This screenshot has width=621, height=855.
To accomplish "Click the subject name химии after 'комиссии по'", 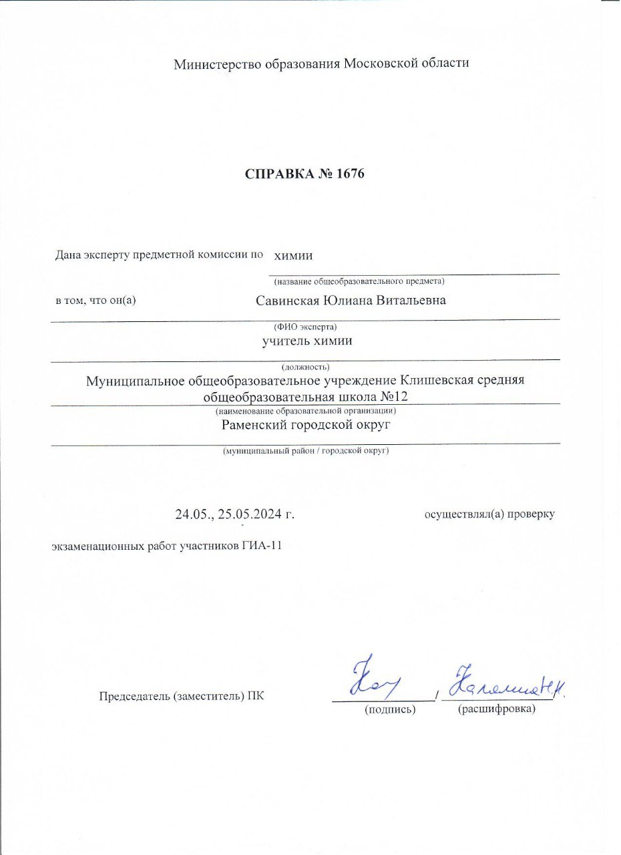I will click(x=294, y=255).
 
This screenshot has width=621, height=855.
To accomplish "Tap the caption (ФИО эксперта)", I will click(x=305, y=327).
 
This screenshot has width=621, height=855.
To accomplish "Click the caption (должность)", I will click(x=305, y=367).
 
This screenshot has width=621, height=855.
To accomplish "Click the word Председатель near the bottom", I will click(x=133, y=696).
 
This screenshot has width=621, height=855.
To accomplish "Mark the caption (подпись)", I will click(x=390, y=709).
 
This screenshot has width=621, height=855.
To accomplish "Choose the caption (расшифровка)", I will click(x=497, y=709).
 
